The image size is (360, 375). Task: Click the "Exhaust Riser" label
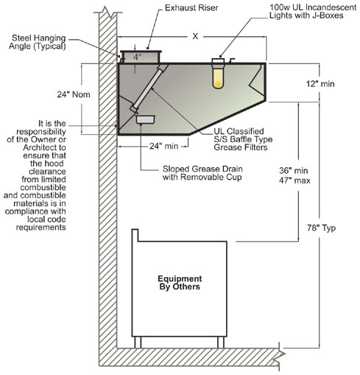point(191,8)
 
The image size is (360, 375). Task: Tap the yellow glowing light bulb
point(218,78)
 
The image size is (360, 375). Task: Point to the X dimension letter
point(195,36)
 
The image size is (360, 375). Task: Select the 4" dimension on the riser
point(137,57)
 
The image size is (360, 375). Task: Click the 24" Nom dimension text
point(74,94)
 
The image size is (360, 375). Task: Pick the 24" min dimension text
point(164,146)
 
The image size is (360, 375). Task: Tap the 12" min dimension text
point(320,84)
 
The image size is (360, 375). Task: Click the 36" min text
point(294,170)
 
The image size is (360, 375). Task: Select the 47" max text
point(294,181)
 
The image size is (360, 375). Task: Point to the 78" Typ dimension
point(321,228)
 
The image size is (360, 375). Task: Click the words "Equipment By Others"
point(180,282)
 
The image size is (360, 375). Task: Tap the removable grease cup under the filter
point(145,119)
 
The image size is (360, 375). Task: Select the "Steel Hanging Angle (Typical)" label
point(38,42)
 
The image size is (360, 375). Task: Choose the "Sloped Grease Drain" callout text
point(202,169)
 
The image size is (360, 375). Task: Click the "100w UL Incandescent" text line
point(313,7)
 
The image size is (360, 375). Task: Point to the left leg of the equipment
point(138,342)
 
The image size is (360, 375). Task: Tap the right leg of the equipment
point(221,342)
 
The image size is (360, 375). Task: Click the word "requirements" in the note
point(41,228)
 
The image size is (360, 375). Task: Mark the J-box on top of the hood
point(218,60)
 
